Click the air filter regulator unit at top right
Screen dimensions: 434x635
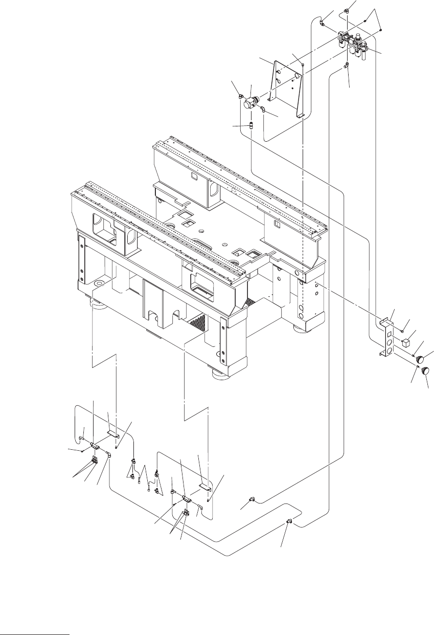[353, 43]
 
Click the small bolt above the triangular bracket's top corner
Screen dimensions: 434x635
[303, 64]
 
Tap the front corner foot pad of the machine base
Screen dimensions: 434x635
[221, 374]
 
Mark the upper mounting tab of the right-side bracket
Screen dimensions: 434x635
[384, 321]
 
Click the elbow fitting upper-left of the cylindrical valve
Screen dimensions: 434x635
[241, 95]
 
